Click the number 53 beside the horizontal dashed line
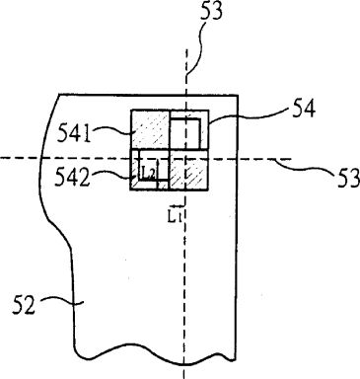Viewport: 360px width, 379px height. coord(349,178)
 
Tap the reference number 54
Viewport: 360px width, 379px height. coord(304,109)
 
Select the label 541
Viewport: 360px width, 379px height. coord(74,133)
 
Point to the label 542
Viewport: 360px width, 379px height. coord(72,177)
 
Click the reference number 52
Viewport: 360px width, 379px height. coord(23,305)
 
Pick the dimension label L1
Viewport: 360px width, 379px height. coord(174,217)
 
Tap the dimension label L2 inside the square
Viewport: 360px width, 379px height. coord(149,171)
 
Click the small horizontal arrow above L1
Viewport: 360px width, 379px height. coord(177,206)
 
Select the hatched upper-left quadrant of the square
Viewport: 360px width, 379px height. coord(150,129)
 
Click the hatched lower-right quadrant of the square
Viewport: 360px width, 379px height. coord(188,170)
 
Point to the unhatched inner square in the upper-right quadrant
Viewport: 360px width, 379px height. coord(184,133)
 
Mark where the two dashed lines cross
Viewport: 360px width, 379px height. coord(186,159)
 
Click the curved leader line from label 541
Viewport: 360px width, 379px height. coord(112,129)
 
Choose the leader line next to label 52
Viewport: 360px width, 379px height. coord(62,301)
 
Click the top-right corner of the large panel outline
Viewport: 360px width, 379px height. coord(238,95)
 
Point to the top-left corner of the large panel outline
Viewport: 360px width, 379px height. coord(59,95)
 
